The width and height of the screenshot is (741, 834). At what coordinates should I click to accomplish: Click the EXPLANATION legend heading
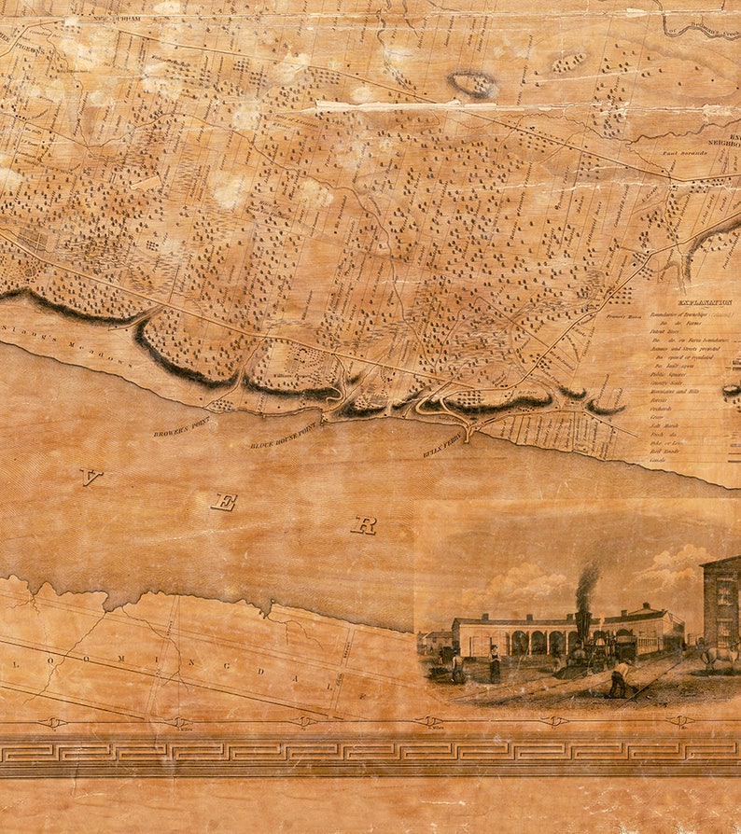coord(705,302)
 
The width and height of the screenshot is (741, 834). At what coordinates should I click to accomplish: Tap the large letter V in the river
coord(91,477)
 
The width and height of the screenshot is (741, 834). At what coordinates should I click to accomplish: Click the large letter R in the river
coord(363,525)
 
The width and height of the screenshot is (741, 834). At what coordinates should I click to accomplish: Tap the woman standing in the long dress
coord(494,663)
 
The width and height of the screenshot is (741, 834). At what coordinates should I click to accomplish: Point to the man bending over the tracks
coord(618,679)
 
